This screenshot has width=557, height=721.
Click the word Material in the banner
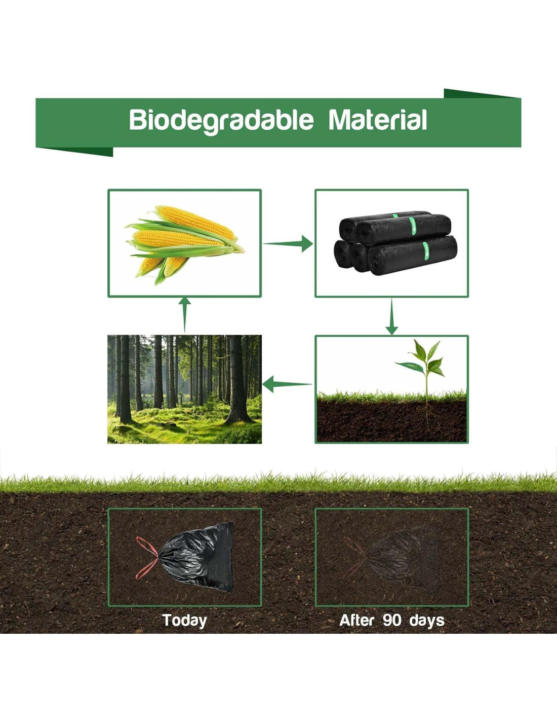point(378,120)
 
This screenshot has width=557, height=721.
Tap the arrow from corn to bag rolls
point(288,244)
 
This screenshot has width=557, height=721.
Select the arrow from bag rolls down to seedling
point(391,316)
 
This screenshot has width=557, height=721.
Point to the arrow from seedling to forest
point(287,384)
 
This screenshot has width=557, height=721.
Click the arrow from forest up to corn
point(184,314)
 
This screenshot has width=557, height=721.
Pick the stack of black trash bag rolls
point(395,242)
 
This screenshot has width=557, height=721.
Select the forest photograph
point(184,389)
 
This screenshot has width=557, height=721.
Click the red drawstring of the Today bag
point(147,558)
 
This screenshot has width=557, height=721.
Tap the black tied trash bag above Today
point(196,557)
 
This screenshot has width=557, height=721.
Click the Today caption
point(184,620)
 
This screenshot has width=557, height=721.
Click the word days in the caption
point(427,621)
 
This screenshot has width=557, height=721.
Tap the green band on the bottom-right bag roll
point(425,251)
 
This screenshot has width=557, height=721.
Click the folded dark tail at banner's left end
point(74,151)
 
